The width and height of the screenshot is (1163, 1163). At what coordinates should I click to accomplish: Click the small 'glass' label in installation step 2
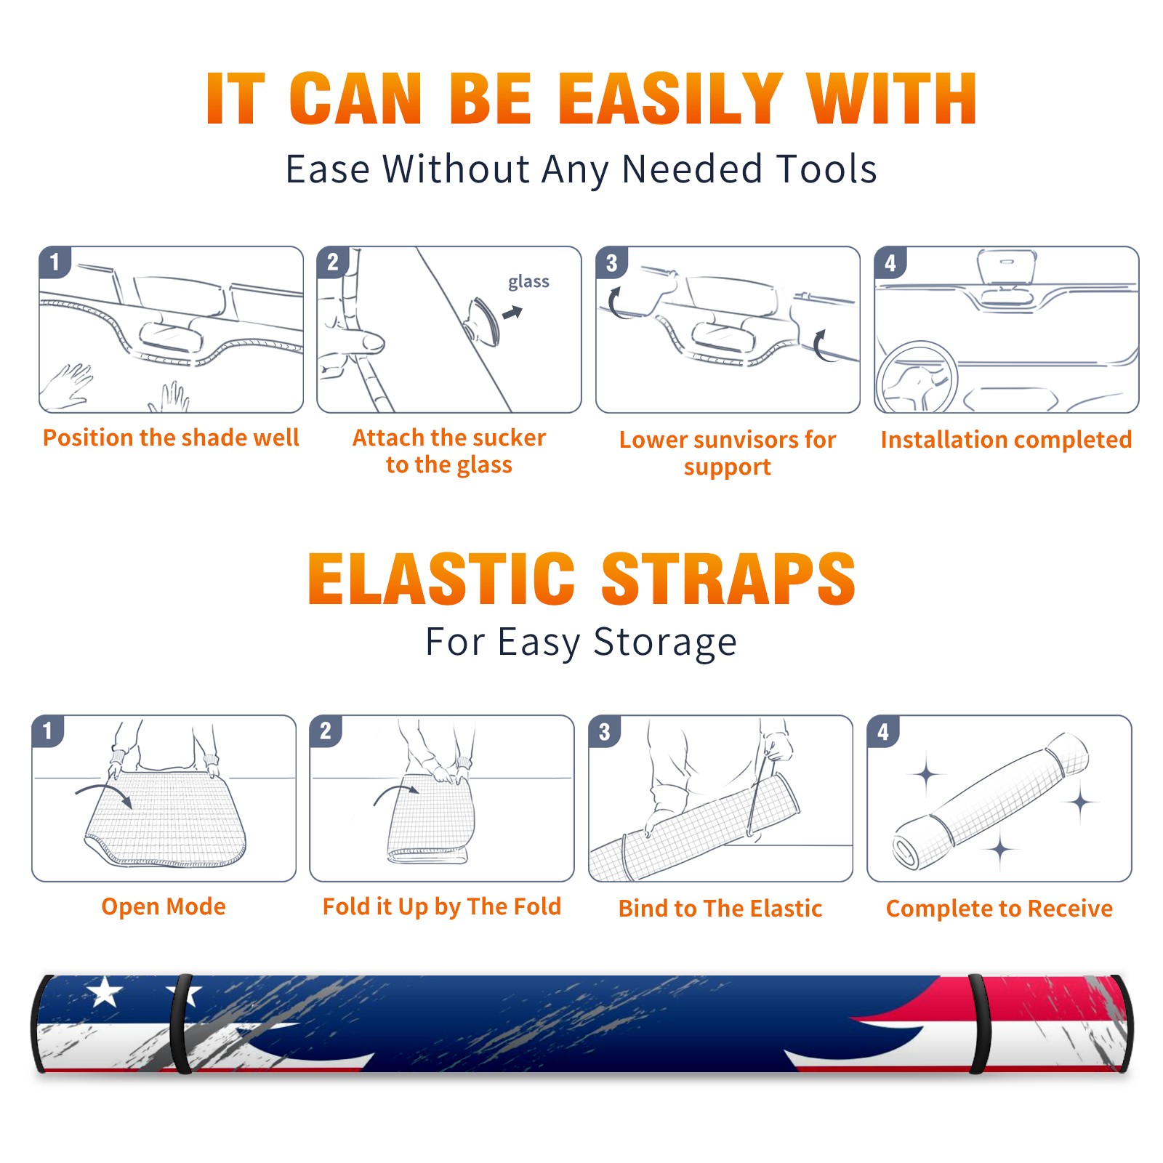[528, 282]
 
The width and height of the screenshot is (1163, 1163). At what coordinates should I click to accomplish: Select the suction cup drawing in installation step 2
[483, 320]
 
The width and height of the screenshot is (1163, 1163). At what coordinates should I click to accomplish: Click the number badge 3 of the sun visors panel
[611, 262]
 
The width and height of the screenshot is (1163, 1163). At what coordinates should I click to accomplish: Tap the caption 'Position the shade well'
[171, 438]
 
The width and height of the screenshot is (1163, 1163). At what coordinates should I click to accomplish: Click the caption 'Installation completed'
[1006, 439]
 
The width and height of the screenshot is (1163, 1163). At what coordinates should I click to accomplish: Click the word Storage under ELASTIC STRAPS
[665, 643]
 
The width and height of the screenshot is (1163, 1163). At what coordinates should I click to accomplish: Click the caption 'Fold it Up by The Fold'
[442, 906]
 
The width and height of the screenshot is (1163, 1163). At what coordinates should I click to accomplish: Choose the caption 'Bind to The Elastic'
[720, 909]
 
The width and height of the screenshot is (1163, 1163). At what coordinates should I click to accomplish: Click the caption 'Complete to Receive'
[999, 909]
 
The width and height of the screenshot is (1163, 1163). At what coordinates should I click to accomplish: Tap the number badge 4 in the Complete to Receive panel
[883, 731]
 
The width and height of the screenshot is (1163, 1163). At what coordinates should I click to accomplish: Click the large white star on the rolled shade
[105, 991]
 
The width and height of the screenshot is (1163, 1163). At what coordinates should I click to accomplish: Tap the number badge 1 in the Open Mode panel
[48, 731]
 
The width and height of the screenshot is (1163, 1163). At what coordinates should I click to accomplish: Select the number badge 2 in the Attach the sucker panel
[333, 262]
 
